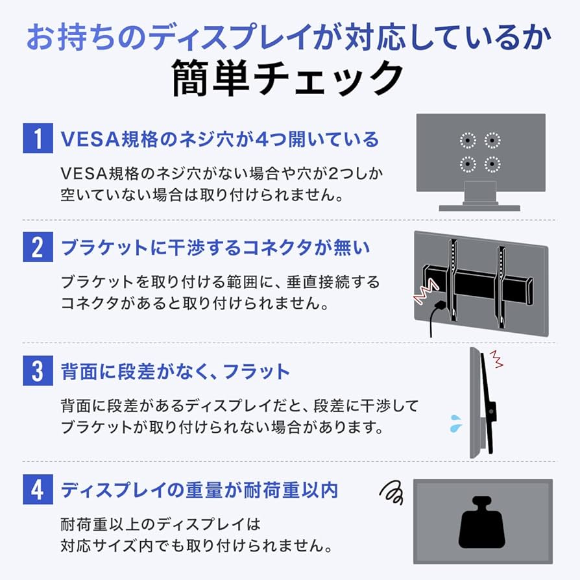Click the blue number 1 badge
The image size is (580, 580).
[38, 139]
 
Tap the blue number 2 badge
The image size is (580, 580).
[38, 248]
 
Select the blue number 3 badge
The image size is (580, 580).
[38, 372]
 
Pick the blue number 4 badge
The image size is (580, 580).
[38, 490]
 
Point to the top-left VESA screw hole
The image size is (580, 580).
[468, 139]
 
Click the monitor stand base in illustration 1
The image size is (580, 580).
[479, 208]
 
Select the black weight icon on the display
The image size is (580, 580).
[482, 523]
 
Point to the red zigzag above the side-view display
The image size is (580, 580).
[496, 357]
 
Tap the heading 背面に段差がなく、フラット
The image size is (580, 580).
[175, 372]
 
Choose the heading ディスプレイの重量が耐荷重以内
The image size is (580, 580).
[200, 490]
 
